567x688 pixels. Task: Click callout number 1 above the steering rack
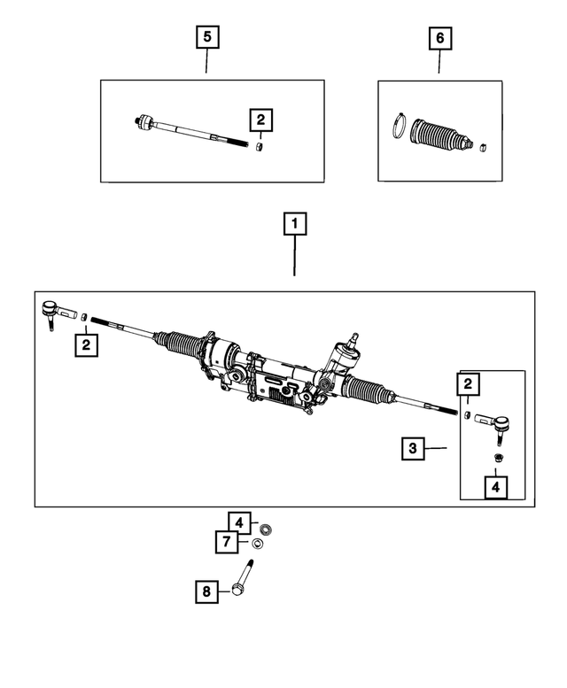(x=295, y=223)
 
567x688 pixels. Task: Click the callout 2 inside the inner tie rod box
(x=260, y=119)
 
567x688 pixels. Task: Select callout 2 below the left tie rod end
(x=85, y=344)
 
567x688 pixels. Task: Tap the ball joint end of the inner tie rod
(x=145, y=122)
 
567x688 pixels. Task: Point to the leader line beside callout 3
(x=435, y=449)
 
